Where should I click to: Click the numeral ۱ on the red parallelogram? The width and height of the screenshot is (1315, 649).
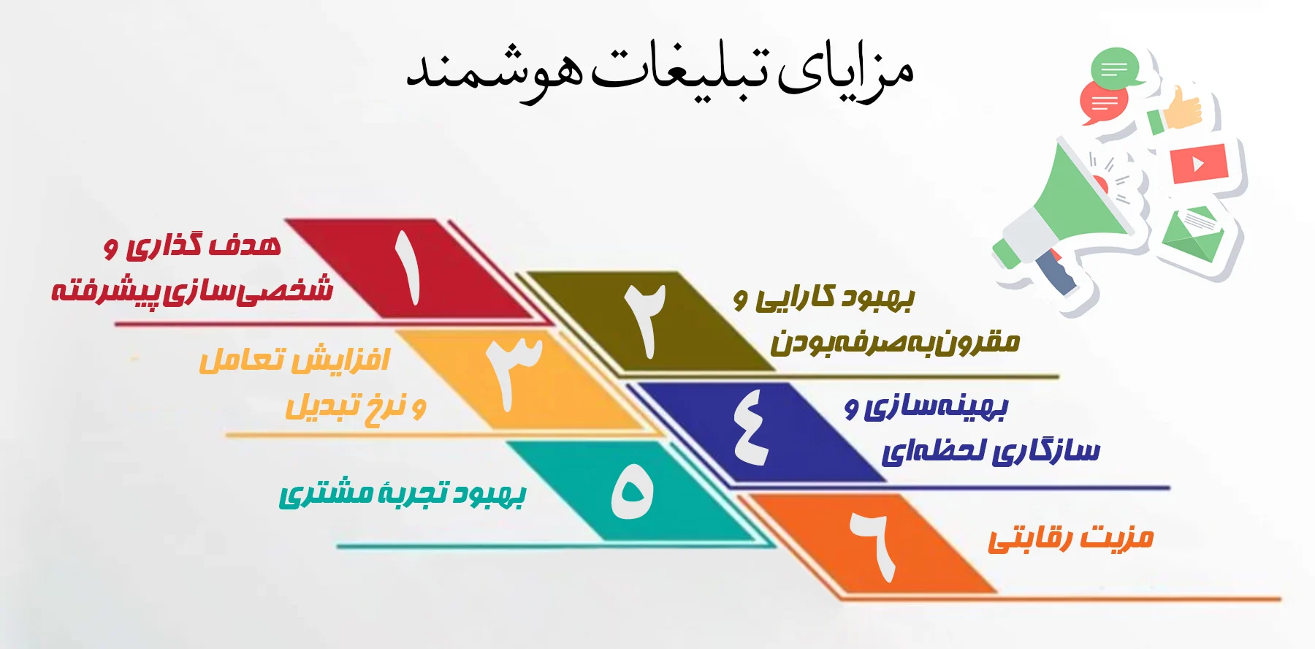[407, 267]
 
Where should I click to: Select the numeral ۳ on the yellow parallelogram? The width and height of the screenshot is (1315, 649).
[514, 373]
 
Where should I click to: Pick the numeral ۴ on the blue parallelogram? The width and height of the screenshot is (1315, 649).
[751, 427]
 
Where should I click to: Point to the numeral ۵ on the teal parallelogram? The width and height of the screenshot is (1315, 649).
[633, 492]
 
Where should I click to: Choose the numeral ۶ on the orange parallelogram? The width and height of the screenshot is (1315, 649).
[874, 546]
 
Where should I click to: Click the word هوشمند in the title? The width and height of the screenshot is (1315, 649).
[495, 71]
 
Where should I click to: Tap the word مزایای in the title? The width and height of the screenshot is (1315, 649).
[845, 73]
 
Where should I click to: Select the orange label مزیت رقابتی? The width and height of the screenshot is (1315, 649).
[1071, 538]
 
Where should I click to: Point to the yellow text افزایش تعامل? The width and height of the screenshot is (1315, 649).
[294, 360]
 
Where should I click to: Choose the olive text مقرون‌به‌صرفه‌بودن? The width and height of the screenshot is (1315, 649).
[895, 343]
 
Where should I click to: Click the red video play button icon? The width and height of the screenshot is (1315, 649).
[1199, 164]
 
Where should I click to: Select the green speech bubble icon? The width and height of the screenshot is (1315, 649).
[1115, 69]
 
